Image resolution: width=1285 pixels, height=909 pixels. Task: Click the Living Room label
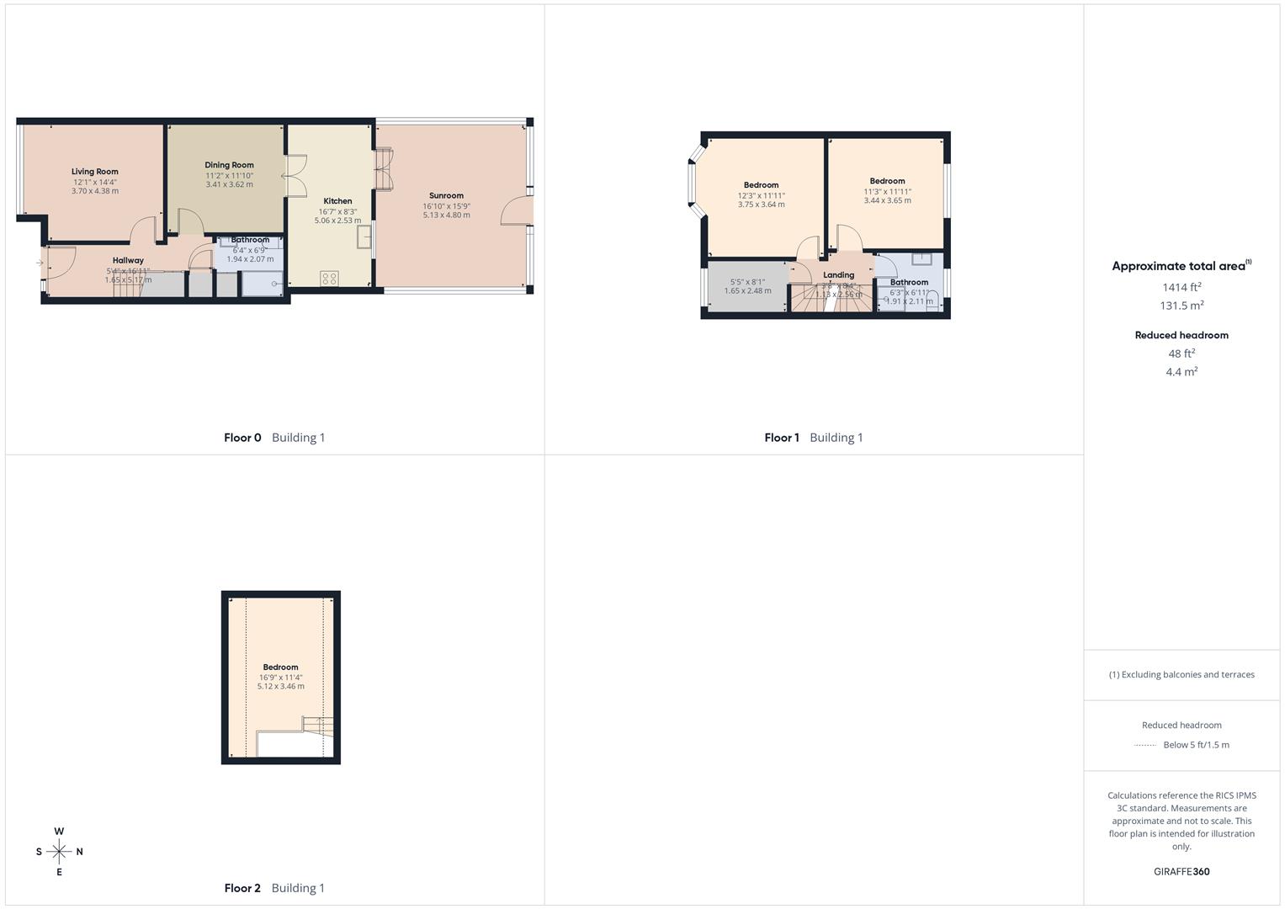[x=94, y=172]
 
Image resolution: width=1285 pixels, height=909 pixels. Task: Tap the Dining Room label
[x=229, y=165]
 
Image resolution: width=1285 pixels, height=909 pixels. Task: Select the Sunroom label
[x=446, y=195]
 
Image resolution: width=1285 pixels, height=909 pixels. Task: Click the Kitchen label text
[x=337, y=201]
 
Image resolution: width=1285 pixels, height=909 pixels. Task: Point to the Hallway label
[x=128, y=260]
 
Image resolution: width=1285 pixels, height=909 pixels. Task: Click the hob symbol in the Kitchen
[x=329, y=278]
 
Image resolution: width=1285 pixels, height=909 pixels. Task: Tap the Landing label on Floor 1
[x=838, y=275]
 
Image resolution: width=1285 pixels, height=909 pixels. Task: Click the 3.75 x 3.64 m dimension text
[x=761, y=205]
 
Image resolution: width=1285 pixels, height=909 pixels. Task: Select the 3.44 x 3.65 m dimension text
[x=887, y=200]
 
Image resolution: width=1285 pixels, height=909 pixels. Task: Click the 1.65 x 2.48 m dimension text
[x=747, y=291]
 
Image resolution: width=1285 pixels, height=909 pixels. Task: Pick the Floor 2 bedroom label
[x=280, y=667]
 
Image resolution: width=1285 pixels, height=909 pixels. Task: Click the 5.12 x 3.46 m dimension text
[x=280, y=687]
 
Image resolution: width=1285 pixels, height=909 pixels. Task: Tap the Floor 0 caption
[x=242, y=438]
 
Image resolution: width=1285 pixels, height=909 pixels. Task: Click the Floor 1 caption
[x=782, y=438]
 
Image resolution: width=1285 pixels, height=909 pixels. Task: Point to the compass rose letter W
[x=59, y=832]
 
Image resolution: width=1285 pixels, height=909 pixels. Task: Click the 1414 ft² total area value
[x=1181, y=287]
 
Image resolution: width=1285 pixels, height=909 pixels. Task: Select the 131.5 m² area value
[x=1181, y=306]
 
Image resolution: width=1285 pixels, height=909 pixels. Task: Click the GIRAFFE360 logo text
[x=1181, y=871]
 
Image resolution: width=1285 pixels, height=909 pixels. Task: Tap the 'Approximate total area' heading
[x=1178, y=266]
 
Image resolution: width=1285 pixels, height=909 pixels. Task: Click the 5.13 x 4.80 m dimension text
[x=446, y=215]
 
